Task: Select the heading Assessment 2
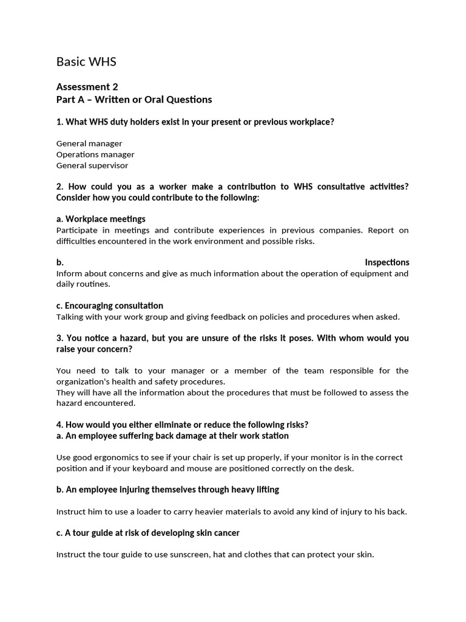(x=92, y=87)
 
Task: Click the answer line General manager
(x=89, y=143)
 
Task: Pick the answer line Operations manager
(x=95, y=154)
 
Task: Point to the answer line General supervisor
(x=92, y=165)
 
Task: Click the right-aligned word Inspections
(x=387, y=262)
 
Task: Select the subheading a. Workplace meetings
(x=101, y=219)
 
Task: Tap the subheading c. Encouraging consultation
(x=110, y=306)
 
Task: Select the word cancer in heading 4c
(x=226, y=533)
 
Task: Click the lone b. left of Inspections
(x=60, y=262)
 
